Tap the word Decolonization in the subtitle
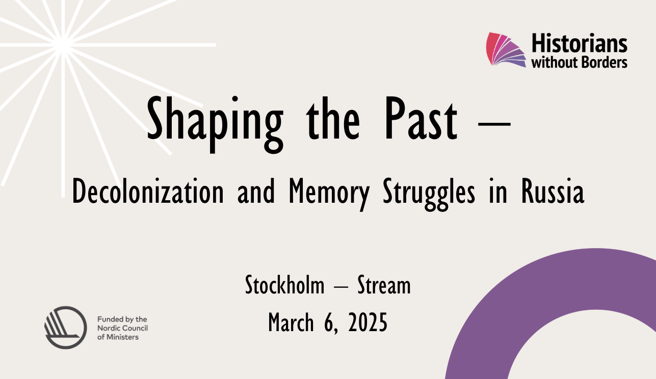[x=148, y=193]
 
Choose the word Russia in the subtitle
[x=553, y=193]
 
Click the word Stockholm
[x=284, y=285]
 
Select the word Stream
[x=384, y=285]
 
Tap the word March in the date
[x=291, y=322]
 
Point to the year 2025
[x=368, y=322]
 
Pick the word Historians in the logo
[x=579, y=44]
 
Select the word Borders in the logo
[x=604, y=63]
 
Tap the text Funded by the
[x=122, y=319]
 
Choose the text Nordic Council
[x=122, y=328]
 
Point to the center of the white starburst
[x=63, y=45]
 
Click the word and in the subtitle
[x=255, y=193]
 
